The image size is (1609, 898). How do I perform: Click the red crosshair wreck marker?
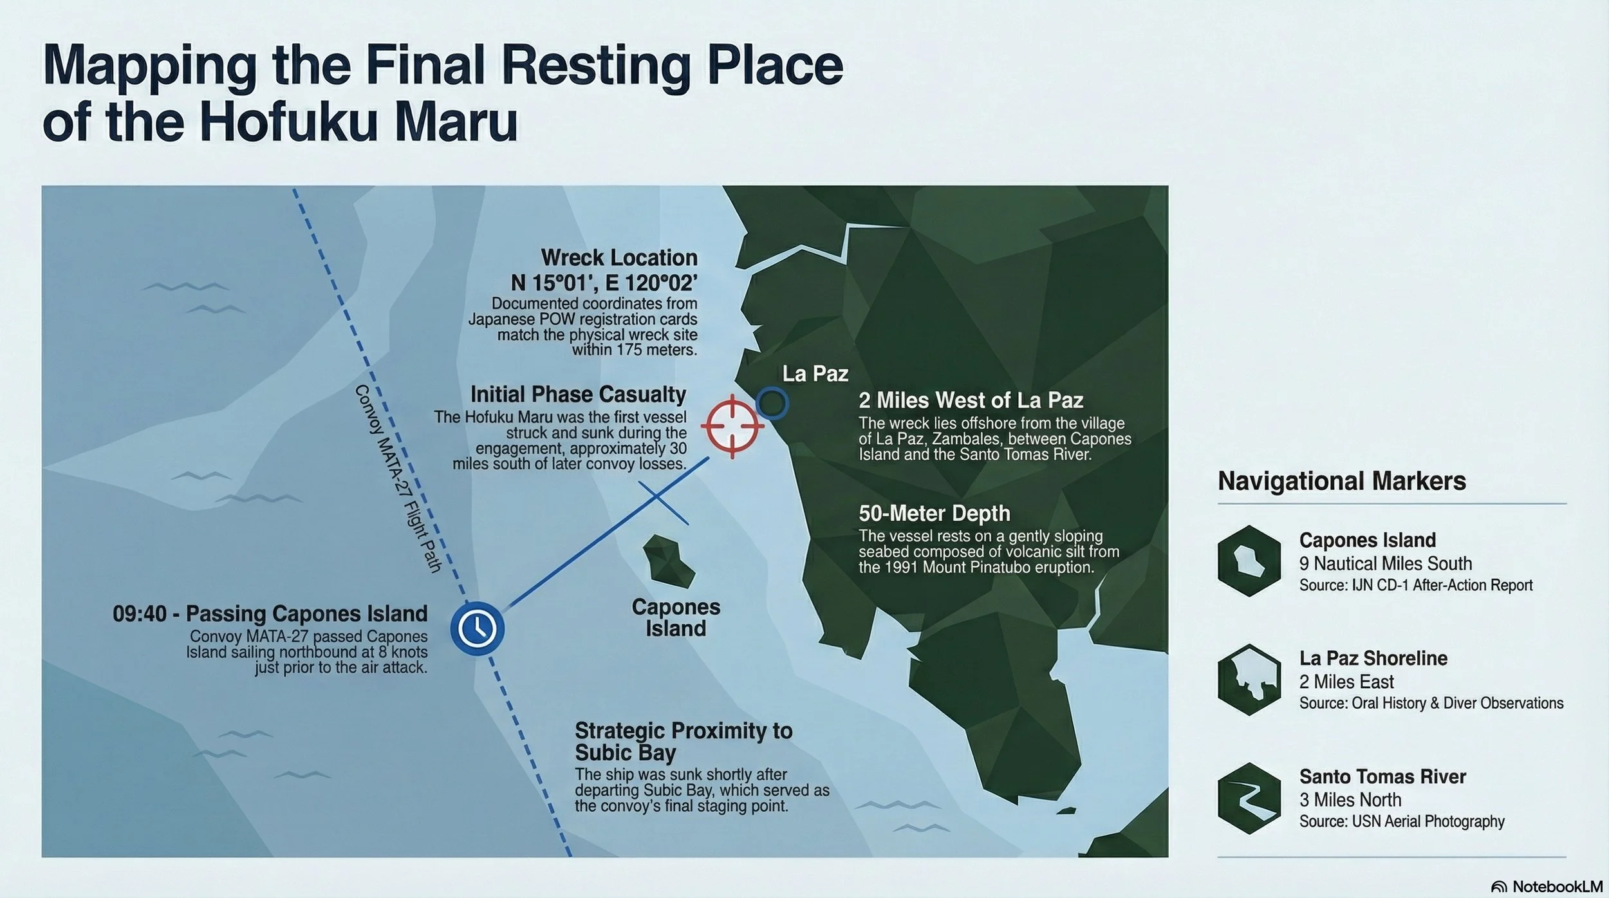pos(732,426)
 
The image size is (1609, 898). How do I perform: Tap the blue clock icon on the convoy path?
pos(477,628)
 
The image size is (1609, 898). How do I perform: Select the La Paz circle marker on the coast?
pos(772,403)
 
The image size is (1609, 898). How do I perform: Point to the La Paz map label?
pos(815,373)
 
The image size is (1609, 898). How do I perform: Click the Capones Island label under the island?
pos(676,617)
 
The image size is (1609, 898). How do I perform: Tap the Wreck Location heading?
pos(618,257)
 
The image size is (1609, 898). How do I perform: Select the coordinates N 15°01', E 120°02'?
pos(604,282)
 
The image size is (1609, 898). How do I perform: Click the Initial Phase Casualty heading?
pos(578,394)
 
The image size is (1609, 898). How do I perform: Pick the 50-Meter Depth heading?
pos(934,513)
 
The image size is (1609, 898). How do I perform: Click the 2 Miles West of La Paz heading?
pos(971,400)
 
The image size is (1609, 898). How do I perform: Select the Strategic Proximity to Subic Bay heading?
pos(683,741)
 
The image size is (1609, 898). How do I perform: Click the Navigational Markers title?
pos(1341,481)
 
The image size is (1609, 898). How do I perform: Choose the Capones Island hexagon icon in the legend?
pos(1249,561)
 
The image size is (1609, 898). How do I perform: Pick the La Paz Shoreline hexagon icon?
pos(1249,679)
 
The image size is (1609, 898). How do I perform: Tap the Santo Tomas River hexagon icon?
pos(1249,798)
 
